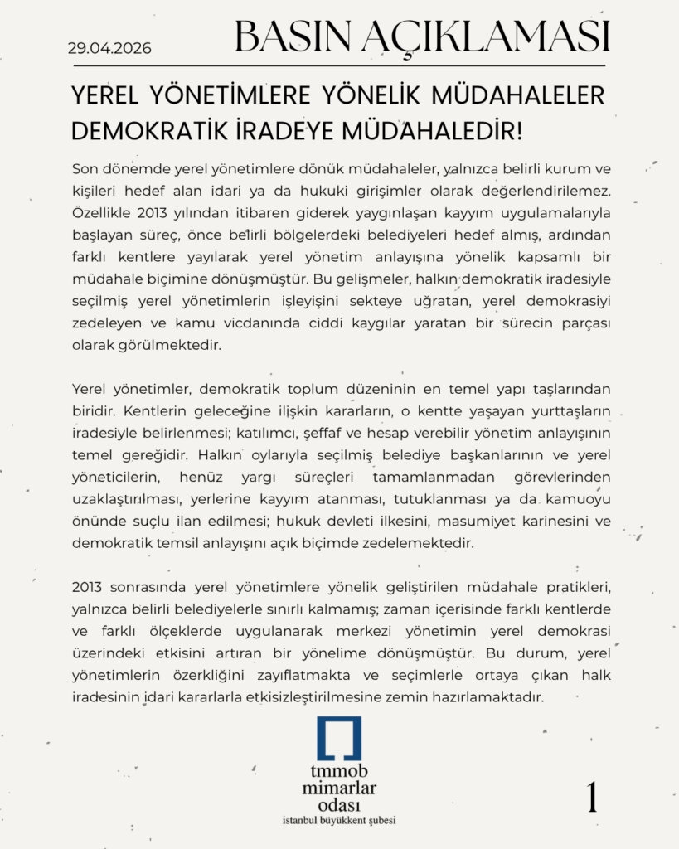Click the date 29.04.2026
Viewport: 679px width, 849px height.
(x=109, y=48)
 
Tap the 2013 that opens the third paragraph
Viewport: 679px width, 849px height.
(x=86, y=587)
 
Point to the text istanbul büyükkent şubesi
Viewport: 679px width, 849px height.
(x=339, y=821)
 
